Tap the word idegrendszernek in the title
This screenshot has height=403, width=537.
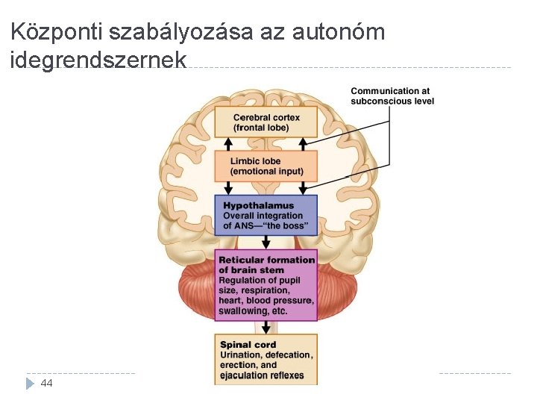point(98,60)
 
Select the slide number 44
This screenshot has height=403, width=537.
point(46,383)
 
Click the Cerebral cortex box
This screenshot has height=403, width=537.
point(266,122)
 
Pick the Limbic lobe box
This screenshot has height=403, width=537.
point(266,166)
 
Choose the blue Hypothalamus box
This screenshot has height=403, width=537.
point(266,215)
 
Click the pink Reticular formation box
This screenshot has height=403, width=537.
point(266,285)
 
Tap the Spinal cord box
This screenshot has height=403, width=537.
point(266,359)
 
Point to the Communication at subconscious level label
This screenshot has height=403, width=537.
point(392,96)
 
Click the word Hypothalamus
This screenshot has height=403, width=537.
point(258,206)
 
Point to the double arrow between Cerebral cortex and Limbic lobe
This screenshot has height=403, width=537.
point(266,143)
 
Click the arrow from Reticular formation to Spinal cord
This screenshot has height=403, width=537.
point(266,327)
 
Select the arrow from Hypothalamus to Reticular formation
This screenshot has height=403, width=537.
point(266,243)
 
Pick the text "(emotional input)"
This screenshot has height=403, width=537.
point(266,171)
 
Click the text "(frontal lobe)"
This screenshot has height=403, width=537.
point(261,128)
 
